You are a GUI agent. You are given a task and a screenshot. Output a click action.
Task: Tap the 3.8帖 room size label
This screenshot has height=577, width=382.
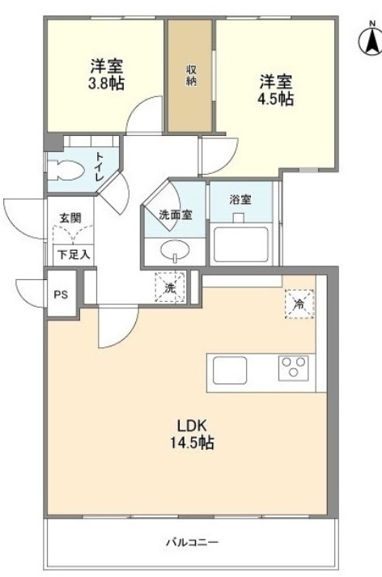coord(105,81)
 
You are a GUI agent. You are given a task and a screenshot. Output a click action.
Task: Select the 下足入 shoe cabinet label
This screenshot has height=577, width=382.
coord(73,253)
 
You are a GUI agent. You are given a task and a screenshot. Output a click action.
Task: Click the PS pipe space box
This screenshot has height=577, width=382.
coord(61,295)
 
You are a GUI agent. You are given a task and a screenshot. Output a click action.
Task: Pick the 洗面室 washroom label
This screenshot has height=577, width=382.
coord(174,214)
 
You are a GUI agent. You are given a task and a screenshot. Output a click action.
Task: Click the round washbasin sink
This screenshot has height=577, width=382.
coord(173,251)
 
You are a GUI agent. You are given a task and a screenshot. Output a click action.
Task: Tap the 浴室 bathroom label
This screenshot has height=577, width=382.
coord(240,197)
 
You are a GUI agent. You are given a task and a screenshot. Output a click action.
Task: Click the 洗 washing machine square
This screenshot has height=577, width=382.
coord(171,286)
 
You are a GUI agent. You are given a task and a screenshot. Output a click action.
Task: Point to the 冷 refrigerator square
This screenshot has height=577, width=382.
coord(299,303)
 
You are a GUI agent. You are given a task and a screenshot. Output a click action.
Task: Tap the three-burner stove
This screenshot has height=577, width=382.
coord(294,368)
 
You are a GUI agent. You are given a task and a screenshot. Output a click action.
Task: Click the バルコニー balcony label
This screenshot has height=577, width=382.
coord(192,541)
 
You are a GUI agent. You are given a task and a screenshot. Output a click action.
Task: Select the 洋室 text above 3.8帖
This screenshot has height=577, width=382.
coord(105,65)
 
